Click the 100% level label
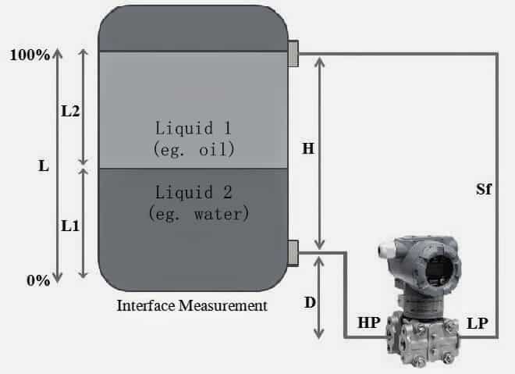click(x=30, y=55)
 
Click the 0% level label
click(x=37, y=280)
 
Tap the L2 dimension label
click(x=70, y=111)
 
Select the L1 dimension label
click(x=70, y=225)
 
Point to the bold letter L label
click(x=43, y=166)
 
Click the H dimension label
click(x=308, y=149)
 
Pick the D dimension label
click(x=309, y=301)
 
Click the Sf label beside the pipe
click(x=483, y=190)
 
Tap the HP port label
click(x=369, y=322)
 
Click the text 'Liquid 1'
click(x=193, y=127)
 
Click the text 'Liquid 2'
click(x=193, y=191)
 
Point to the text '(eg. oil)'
click(x=193, y=147)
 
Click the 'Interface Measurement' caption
click(x=191, y=305)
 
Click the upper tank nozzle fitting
click(x=293, y=53)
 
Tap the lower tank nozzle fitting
click(x=293, y=252)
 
